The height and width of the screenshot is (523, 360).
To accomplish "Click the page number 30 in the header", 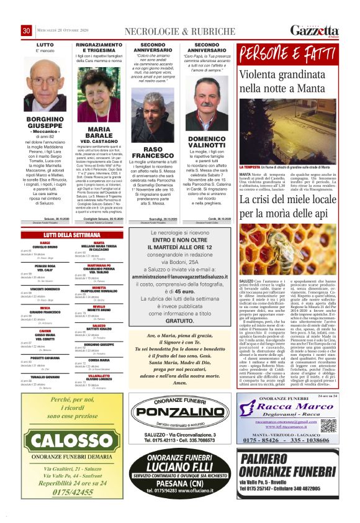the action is coord(27,31).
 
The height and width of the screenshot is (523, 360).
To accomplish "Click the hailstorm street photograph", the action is coord(289,135).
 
